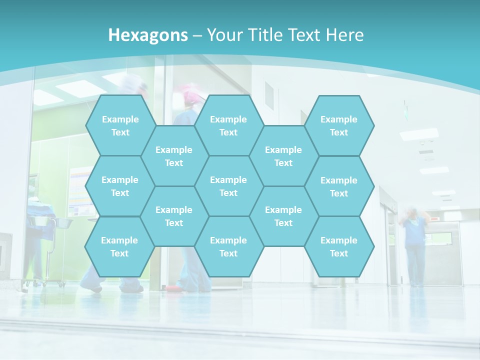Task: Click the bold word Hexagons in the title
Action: click(x=148, y=35)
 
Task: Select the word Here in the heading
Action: click(x=344, y=35)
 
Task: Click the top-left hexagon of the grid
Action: click(x=120, y=125)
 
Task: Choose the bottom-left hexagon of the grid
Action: click(x=119, y=246)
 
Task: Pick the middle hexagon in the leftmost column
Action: click(x=120, y=186)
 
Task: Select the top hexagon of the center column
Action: click(x=228, y=125)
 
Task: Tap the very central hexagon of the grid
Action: click(x=228, y=186)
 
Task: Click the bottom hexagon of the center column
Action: click(x=228, y=246)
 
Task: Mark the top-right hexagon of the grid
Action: click(x=339, y=125)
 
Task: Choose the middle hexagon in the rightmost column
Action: click(x=339, y=186)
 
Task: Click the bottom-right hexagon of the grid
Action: click(x=339, y=246)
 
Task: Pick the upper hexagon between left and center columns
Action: click(x=174, y=156)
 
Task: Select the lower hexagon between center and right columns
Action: click(x=283, y=216)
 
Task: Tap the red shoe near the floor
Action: click(x=171, y=288)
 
